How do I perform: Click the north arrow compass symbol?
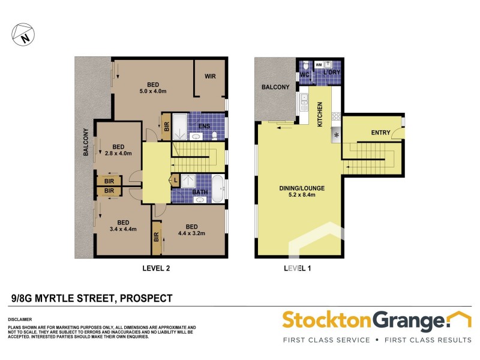[22, 34]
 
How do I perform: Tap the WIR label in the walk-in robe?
[210, 76]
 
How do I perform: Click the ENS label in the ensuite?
[204, 126]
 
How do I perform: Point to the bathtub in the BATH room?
[217, 189]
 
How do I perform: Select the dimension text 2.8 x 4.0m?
[118, 154]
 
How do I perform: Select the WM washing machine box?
[319, 64]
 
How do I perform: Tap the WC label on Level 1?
[304, 75]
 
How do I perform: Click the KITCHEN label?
[320, 113]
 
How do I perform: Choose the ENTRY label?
[380, 133]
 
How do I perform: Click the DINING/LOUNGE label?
[302, 188]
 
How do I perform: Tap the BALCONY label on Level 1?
[275, 87]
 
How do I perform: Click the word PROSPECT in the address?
[146, 298]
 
